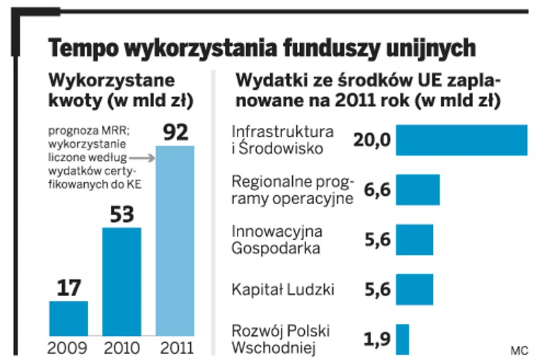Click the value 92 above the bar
pos(176,132)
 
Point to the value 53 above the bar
pos(121,215)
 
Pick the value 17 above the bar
pos(69,288)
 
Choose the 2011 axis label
pos(176,348)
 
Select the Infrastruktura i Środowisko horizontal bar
pos(462,140)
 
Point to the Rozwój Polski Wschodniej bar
pos(402,339)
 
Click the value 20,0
pos(373,141)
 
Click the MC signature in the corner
pos(518,349)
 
